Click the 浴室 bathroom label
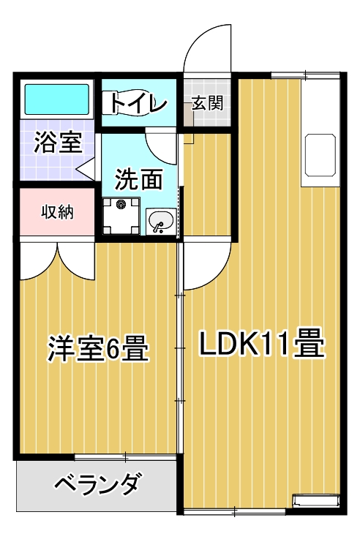pyautogui.click(x=58, y=143)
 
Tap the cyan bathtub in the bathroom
pyautogui.click(x=57, y=99)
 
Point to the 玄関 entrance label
pyautogui.click(x=208, y=102)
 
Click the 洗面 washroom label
pyautogui.click(x=138, y=178)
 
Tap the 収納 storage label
pyautogui.click(x=57, y=212)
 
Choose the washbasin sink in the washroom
pyautogui.click(x=160, y=221)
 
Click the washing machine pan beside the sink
pyautogui.click(x=121, y=216)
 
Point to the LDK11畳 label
pyautogui.click(x=262, y=343)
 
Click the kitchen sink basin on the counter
pyautogui.click(x=320, y=154)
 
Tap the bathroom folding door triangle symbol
pyautogui.click(x=86, y=170)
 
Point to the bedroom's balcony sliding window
pyautogui.click(x=125, y=457)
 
